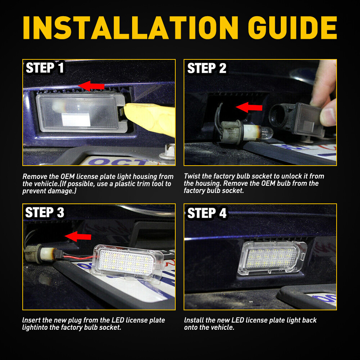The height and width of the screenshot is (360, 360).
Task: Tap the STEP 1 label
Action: tap(45, 68)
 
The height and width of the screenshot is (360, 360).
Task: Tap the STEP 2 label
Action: tap(207, 68)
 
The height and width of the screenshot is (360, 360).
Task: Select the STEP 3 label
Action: tap(45, 212)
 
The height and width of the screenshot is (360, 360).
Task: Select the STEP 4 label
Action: tap(207, 213)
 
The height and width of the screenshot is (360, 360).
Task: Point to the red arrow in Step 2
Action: tap(249, 107)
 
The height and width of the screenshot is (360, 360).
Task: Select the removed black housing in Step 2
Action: tap(295, 115)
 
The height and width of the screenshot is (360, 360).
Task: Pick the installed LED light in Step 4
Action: tap(272, 257)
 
